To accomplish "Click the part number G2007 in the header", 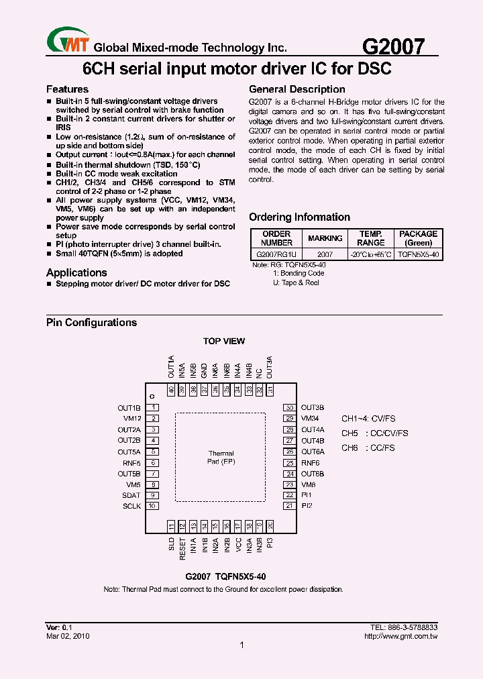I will (x=393, y=46).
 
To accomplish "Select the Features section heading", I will (x=67, y=89).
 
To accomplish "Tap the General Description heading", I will (x=297, y=89).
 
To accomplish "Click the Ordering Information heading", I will (x=299, y=217).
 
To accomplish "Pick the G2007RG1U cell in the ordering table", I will (x=276, y=255).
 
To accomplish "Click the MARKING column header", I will (x=325, y=238).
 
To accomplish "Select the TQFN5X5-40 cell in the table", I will (x=418, y=255).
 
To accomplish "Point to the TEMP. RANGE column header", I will (x=370, y=238).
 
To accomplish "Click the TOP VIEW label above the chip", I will (x=224, y=342).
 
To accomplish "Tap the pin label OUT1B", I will (x=129, y=408).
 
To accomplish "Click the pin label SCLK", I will (x=131, y=506).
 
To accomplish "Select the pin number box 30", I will (x=289, y=408).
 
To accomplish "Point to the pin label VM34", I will (x=311, y=419).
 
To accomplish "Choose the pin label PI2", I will (x=307, y=506).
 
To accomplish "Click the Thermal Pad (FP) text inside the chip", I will (x=221, y=458).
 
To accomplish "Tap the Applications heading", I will (x=76, y=272).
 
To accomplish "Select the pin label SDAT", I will (x=131, y=495).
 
